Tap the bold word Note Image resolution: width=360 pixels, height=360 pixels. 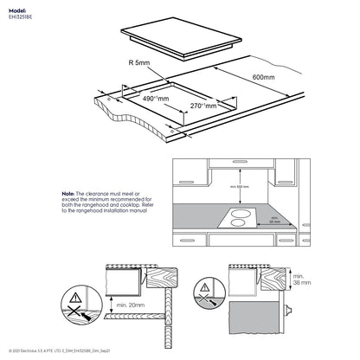click(69, 195)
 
